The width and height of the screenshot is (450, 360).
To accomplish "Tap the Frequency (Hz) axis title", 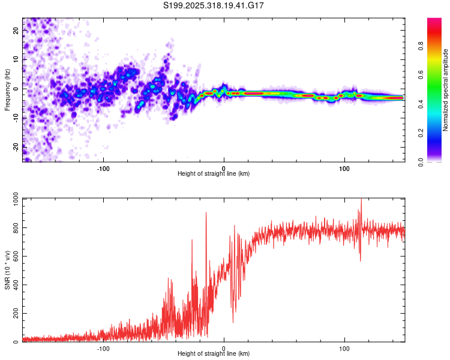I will tap(7, 90).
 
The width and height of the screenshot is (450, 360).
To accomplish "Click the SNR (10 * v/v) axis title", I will tap(7, 270).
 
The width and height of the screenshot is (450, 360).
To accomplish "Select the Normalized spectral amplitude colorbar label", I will tap(445, 90).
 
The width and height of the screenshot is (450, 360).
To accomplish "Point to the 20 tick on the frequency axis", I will tap(16, 31).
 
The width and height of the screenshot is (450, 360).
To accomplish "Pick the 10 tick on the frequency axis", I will tap(16, 59).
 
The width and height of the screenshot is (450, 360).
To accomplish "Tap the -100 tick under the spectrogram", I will tap(103, 167).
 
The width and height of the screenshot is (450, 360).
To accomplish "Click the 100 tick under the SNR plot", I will tap(344, 348).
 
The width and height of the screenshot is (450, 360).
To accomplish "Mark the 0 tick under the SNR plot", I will tap(224, 348).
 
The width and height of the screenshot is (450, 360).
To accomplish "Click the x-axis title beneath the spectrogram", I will tap(214, 174).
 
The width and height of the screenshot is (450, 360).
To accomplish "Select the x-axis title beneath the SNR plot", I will tap(214, 354).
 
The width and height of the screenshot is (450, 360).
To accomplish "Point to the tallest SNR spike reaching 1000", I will tap(361, 200).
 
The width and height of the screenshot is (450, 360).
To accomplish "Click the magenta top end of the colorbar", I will tap(434, 21).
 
